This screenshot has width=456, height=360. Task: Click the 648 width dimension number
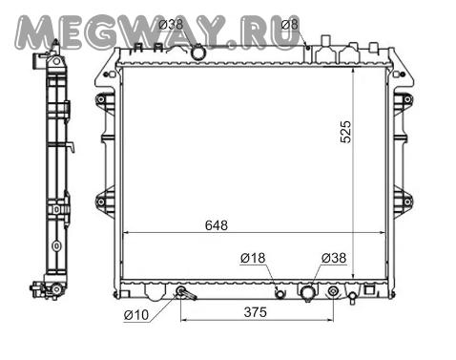tap(217, 225)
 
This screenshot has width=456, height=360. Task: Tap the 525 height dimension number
tap(345, 132)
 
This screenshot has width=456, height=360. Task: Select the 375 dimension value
tap(256, 312)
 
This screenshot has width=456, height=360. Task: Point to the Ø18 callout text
tap(253, 258)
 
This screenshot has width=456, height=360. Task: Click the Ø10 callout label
tap(136, 315)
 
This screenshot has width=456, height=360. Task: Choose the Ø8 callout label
tap(290, 25)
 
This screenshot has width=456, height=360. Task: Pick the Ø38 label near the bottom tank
tap(334, 258)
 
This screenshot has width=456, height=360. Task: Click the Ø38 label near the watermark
tap(171, 25)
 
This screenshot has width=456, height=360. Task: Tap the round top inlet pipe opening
tap(198, 53)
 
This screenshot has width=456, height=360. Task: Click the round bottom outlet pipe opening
tap(308, 293)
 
